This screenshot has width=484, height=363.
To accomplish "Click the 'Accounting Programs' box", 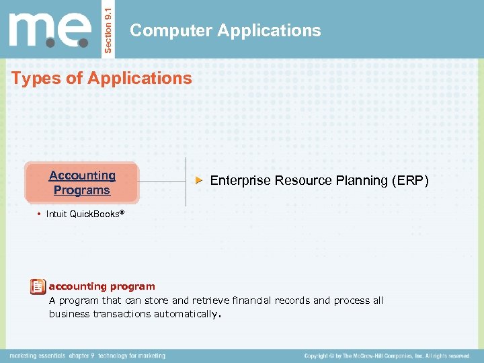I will [81, 183].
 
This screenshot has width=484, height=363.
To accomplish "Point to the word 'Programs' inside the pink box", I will [81, 190].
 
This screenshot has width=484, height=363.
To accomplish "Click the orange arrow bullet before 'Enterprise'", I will [198, 181].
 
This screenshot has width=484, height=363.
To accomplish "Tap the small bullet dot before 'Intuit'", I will [40, 214].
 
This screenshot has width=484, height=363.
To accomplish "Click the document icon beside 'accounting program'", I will [38, 287].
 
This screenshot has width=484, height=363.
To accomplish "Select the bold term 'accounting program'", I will [102, 286].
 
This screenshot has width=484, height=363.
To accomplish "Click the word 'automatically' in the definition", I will [185, 314].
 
